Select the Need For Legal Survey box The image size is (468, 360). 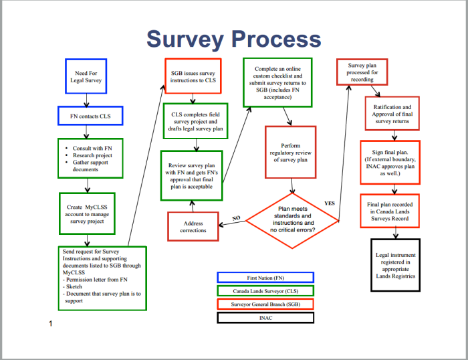86,76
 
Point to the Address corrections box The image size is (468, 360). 193,226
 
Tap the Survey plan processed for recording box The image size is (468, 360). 362,72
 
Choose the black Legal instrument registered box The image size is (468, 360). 395,264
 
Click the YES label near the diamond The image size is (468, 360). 329,203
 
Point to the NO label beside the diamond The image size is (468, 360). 235,218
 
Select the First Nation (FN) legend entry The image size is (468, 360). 265,277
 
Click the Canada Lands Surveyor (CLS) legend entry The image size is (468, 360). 265,290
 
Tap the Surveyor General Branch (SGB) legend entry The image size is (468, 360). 265,304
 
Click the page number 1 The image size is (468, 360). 50,325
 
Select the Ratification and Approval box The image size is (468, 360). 392,114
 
